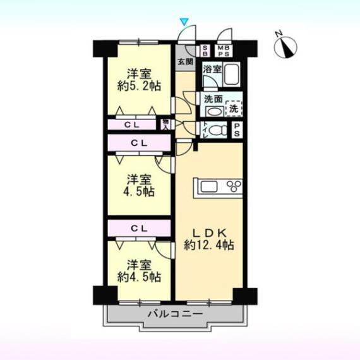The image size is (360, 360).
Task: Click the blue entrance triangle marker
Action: tap(184, 23)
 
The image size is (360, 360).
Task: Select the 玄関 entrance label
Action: tap(185, 62)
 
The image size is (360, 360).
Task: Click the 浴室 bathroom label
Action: tap(212, 69)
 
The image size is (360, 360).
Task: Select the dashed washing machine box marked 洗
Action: tap(234, 108)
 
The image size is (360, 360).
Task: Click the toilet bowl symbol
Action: tap(217, 131)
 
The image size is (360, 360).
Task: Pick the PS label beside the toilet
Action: tap(237, 129)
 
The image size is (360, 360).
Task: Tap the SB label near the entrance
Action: tap(206, 51)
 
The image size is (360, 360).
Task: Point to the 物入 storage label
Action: tap(165, 123)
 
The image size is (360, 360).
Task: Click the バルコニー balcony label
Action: tap(175, 313)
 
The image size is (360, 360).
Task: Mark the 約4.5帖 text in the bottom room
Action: tap(138, 276)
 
